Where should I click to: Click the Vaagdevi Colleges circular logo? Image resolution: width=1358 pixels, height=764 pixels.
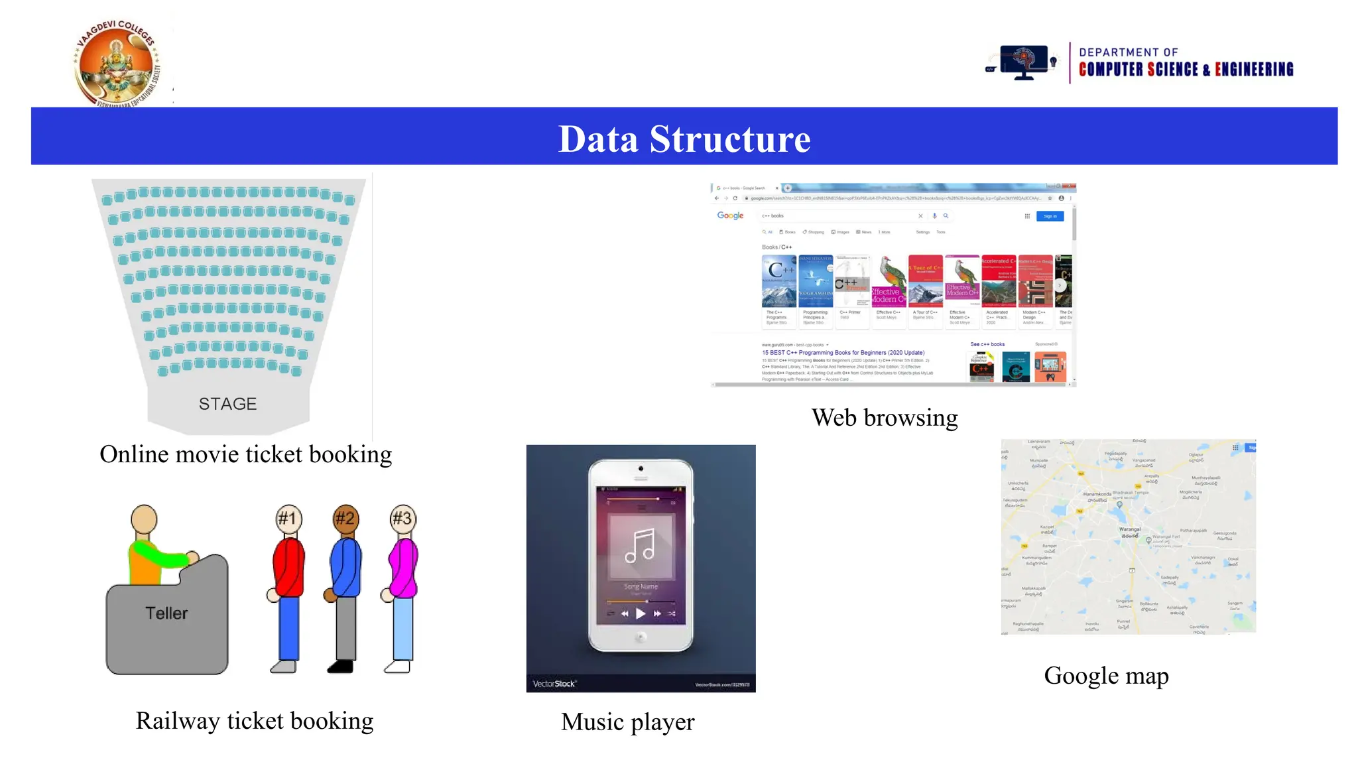(x=117, y=64)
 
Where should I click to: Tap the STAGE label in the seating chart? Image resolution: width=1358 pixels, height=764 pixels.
(x=227, y=404)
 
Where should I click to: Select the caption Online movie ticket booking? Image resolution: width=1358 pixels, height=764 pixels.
(x=245, y=455)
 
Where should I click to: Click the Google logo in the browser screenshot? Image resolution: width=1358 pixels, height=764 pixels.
(x=730, y=216)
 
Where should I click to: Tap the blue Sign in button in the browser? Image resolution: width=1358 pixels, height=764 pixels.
(x=1050, y=216)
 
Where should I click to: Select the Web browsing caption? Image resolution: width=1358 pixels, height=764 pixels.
(x=884, y=418)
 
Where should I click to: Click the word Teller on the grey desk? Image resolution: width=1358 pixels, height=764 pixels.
(x=166, y=613)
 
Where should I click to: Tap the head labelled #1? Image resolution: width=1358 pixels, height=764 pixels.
(x=288, y=518)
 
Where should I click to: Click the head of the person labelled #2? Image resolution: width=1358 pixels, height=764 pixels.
(x=345, y=518)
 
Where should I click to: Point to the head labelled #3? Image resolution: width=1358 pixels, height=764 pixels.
(x=402, y=518)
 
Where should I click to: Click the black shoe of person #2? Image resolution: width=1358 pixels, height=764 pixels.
(x=341, y=667)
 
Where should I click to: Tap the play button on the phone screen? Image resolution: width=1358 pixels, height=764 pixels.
(x=641, y=613)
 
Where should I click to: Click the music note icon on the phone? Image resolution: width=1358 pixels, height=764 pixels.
(x=640, y=545)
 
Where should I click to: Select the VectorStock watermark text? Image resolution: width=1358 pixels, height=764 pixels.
(x=554, y=684)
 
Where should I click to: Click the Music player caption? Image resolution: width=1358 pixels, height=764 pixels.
(x=627, y=722)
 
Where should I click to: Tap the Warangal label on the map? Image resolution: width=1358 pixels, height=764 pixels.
(x=1130, y=529)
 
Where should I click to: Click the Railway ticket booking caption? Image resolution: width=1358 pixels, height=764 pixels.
(x=255, y=722)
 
